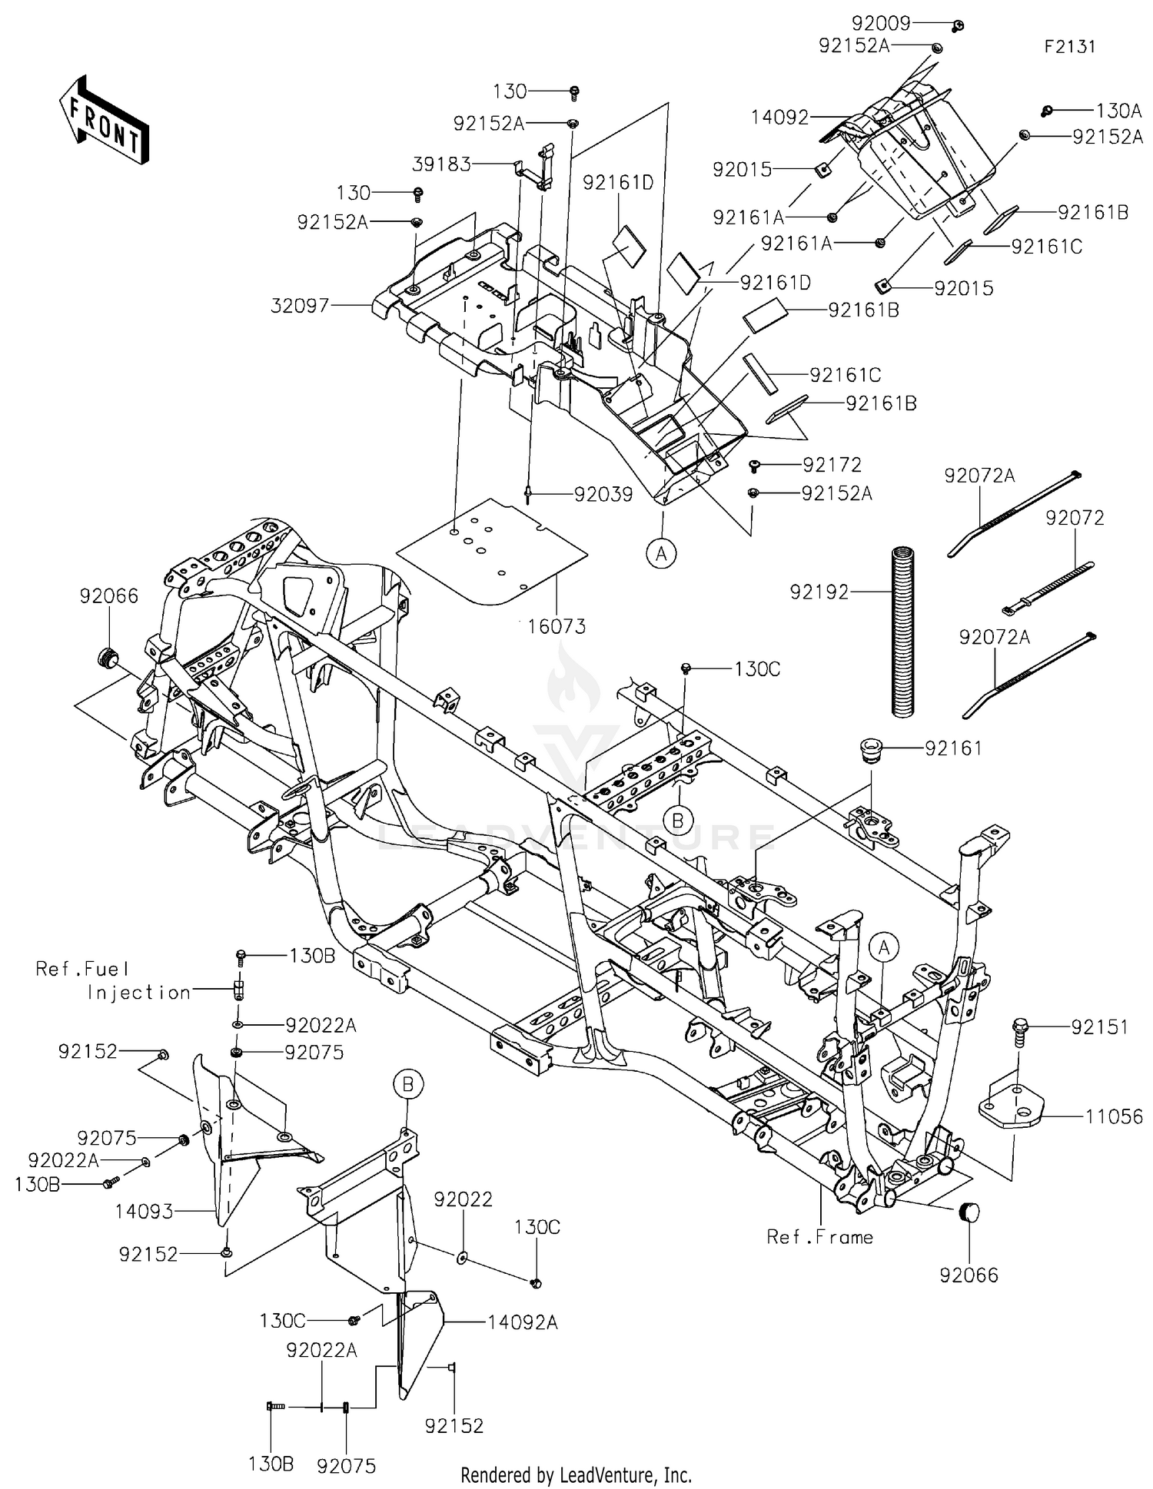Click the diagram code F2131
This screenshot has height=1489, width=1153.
point(1069,47)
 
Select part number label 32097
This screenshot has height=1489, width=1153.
point(300,306)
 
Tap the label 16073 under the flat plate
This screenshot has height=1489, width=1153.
point(557,626)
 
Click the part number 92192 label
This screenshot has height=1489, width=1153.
point(819,592)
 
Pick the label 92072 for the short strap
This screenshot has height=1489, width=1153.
point(1074,519)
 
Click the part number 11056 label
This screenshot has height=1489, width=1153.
point(1114,1116)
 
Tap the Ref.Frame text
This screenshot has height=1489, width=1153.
point(820,1237)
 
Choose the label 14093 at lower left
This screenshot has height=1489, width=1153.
point(145,1212)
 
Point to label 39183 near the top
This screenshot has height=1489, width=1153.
point(441,164)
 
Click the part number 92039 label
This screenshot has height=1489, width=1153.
point(603,495)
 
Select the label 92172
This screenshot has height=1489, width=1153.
point(832,465)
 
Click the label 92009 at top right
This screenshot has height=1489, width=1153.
point(880,23)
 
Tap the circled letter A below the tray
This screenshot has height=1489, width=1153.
point(661,552)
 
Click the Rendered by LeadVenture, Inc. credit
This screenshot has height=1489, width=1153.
point(576,1475)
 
